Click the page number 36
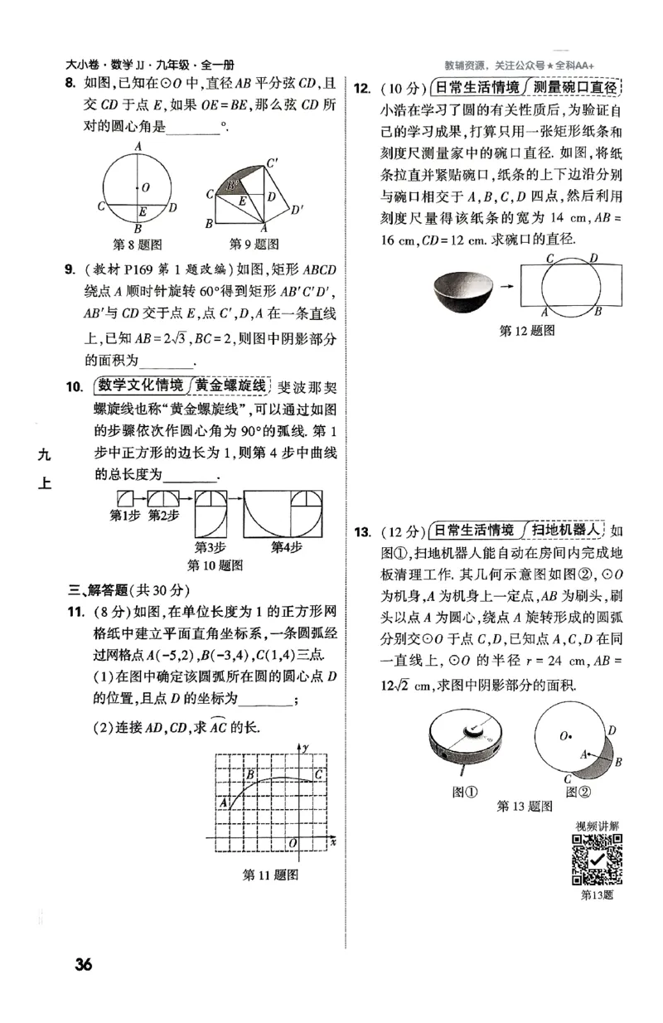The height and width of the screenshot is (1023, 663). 83,964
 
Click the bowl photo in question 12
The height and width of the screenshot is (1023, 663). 463,291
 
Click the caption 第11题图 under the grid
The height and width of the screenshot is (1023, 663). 269,875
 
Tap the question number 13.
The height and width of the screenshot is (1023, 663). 361,531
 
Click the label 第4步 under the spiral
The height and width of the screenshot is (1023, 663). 287,547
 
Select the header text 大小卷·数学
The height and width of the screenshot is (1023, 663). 100,65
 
